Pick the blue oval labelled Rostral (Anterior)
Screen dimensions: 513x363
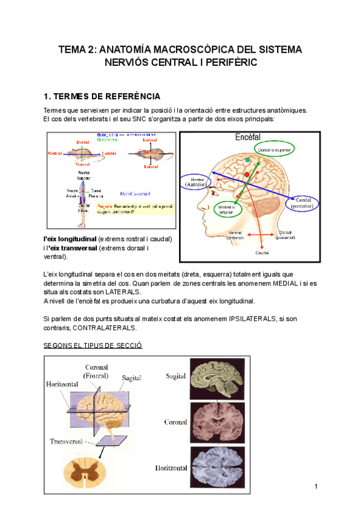(x=197, y=183)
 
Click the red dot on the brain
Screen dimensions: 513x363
(x=246, y=175)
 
